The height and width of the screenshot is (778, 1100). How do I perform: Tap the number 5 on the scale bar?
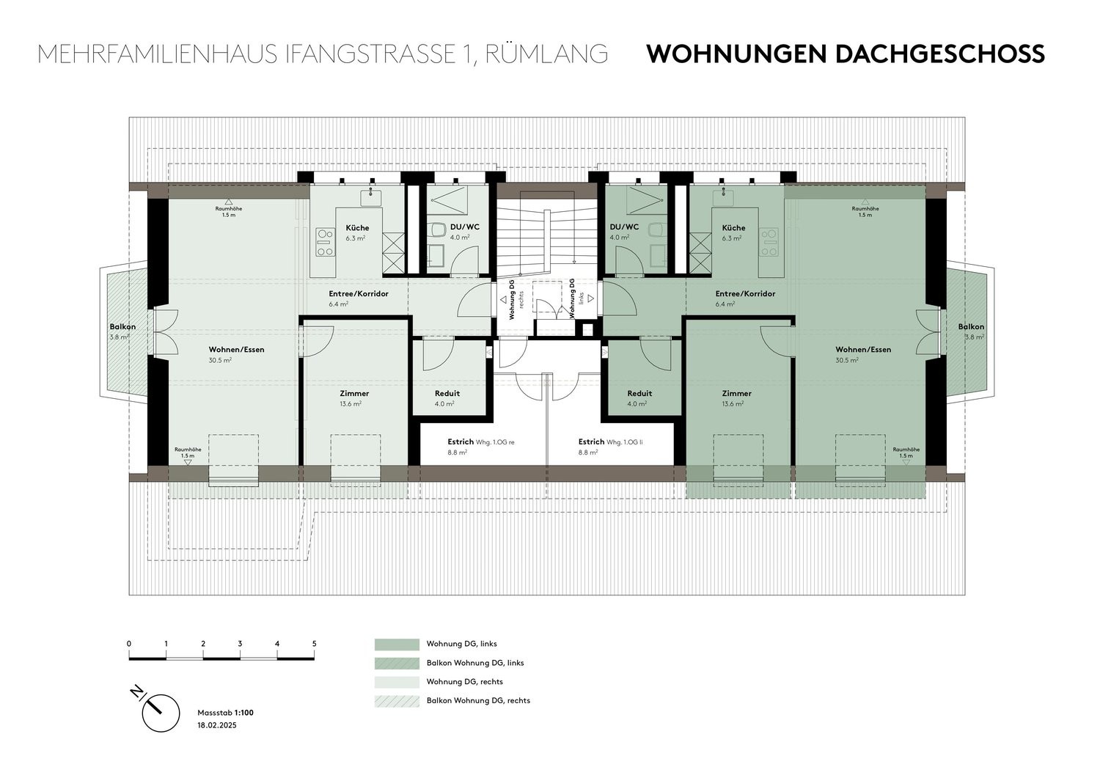(315, 644)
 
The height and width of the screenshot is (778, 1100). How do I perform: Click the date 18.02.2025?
(217, 725)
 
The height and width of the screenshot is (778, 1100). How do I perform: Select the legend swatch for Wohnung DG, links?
(397, 644)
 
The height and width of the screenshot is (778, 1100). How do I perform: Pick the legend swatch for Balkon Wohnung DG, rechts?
(397, 701)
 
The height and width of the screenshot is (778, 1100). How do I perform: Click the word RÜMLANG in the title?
(546, 54)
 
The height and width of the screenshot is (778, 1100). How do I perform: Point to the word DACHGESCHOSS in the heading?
(940, 54)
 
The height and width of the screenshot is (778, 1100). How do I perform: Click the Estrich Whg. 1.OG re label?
(481, 442)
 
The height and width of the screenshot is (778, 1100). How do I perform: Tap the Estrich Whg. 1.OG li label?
(610, 442)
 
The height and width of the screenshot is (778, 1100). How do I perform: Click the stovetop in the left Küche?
(325, 243)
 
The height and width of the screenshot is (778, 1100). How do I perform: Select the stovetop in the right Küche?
(769, 243)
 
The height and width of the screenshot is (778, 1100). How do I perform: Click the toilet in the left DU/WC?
(436, 230)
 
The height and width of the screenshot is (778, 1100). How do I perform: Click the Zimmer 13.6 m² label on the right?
(736, 398)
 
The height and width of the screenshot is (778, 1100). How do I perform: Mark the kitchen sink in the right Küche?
(722, 197)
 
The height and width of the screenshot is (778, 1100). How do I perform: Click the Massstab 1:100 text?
(225, 713)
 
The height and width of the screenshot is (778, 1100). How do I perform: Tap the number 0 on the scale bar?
(129, 644)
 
